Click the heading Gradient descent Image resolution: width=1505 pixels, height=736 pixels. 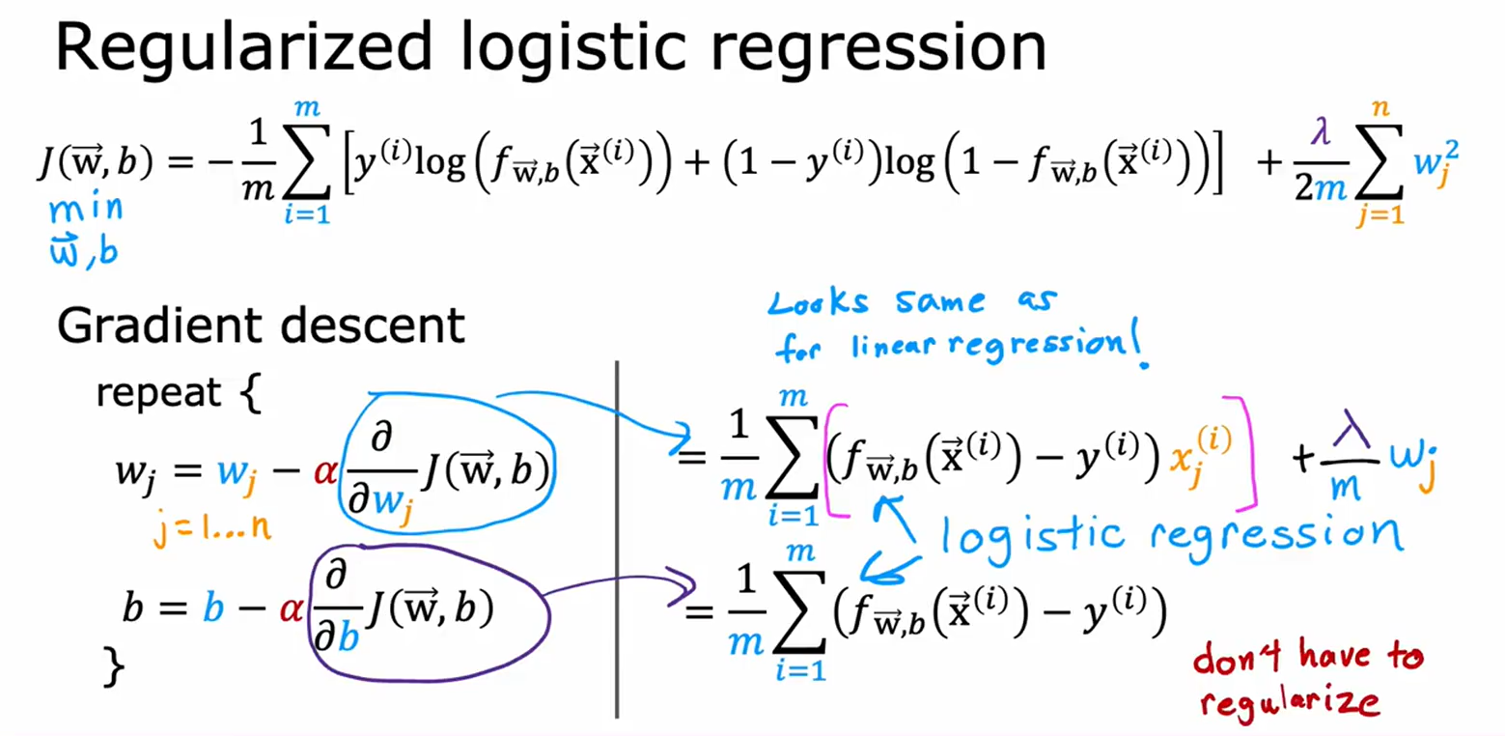pos(261,326)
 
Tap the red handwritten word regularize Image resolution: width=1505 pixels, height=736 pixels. pos(1300,701)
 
